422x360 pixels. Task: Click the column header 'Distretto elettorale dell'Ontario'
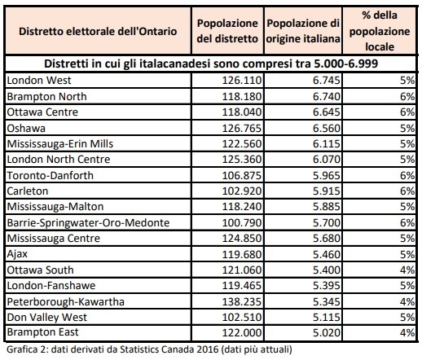(98, 32)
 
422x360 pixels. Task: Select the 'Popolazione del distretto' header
(227, 31)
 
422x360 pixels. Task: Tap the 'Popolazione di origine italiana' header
(303, 31)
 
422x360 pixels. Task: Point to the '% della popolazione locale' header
(380, 31)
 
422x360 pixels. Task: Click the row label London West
(39, 81)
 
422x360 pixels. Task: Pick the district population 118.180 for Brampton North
(242, 97)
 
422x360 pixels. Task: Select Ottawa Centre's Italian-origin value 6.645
(327, 112)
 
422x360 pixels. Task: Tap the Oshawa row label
(26, 128)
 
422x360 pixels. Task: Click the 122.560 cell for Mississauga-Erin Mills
(242, 144)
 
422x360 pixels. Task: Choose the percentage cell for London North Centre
(407, 160)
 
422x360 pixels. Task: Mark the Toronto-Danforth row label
(51, 175)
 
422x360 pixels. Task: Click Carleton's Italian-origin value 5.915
(327, 191)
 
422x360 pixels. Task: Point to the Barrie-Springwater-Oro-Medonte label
(88, 223)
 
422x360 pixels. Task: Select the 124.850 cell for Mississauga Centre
(242, 239)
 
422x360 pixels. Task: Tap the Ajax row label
(17, 254)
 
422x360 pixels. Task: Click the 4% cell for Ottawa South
(407, 270)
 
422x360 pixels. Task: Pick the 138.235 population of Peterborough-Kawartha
(242, 301)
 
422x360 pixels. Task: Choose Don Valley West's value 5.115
(327, 317)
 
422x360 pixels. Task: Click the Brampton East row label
(42, 332)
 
